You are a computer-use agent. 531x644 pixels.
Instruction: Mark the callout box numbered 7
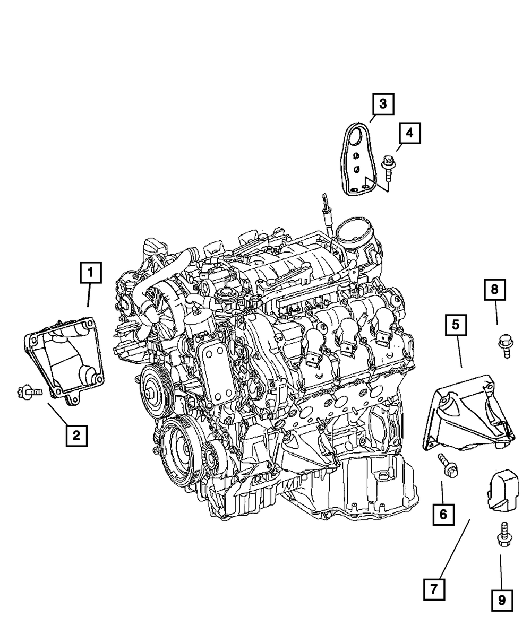coord(434,588)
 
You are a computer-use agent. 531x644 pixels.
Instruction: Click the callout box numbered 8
coord(494,289)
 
